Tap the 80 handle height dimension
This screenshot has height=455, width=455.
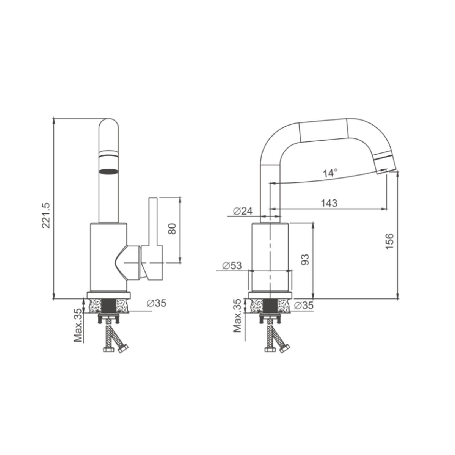(172, 229)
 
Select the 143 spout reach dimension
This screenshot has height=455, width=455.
(329, 203)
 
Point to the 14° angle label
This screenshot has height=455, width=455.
(330, 173)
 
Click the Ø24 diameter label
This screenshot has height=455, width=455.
(243, 211)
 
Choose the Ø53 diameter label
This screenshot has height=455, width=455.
(232, 266)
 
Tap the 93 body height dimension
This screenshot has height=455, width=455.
(305, 259)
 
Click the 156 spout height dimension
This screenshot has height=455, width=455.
(390, 241)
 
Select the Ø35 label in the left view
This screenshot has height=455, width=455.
(156, 303)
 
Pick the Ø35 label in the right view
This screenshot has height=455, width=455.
(304, 305)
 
